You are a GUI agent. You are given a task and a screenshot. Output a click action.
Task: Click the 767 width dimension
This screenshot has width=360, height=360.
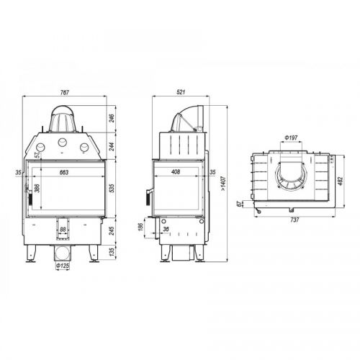coord(64,92)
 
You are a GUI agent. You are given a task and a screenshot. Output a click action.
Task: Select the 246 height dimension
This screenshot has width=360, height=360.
coord(112,118)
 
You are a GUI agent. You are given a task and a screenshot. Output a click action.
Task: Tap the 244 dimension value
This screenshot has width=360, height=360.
coord(112,146)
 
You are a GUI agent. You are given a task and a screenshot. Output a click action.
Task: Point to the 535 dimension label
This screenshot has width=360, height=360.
coord(112,189)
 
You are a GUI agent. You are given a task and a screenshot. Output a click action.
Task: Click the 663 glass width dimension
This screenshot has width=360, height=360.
coord(64,172)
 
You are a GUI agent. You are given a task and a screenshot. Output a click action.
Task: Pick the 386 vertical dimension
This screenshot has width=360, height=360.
coord(37,188)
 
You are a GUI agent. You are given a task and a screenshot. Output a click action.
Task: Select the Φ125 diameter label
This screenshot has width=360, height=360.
coord(63,266)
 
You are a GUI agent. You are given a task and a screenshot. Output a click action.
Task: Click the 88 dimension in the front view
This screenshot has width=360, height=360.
coord(63,230)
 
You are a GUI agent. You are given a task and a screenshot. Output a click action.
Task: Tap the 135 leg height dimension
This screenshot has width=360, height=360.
coord(112,252)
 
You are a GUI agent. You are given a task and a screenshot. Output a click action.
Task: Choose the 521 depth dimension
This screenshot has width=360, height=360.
coord(181,92)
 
